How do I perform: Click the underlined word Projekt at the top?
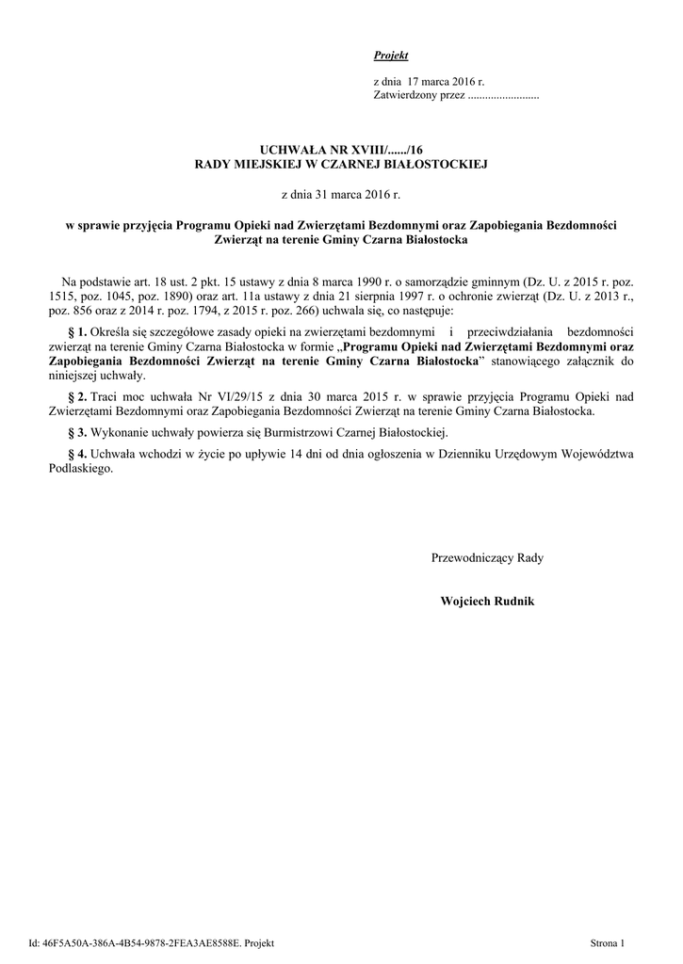(x=384, y=56)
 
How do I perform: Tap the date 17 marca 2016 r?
(x=446, y=83)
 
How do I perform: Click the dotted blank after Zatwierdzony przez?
(x=503, y=97)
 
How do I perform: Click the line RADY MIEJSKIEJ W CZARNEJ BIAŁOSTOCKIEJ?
(x=341, y=164)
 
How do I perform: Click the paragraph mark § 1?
(x=77, y=332)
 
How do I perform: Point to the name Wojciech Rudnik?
(x=487, y=601)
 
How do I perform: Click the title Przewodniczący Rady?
(x=487, y=557)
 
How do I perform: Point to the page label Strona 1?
(x=608, y=941)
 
